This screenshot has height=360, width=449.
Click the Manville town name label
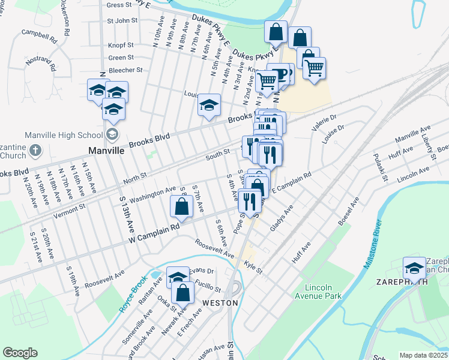coord(106,151)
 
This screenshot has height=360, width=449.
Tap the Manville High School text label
coord(62,134)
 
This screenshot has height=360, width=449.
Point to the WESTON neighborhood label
coord(220,303)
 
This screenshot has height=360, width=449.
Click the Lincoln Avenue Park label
coord(322,291)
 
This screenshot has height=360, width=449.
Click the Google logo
coord(20,353)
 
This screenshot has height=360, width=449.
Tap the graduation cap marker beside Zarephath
coord(414,267)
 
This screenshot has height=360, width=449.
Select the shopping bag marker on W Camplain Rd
coord(181,207)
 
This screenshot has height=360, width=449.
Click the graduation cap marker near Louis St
coord(209,105)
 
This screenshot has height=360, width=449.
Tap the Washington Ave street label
coord(152,193)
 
